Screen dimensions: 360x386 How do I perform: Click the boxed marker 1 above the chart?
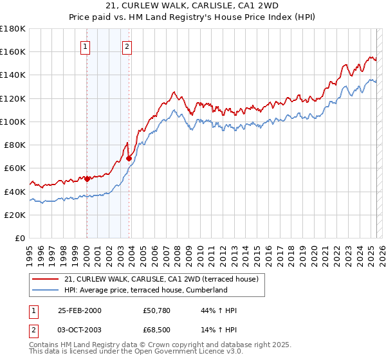tap(86, 46)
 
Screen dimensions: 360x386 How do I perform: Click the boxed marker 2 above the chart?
tap(127, 46)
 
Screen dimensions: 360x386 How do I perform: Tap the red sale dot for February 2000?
tap(87, 179)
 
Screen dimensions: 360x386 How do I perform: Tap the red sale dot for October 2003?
tap(129, 158)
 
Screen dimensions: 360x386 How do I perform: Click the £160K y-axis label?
tap(13, 51)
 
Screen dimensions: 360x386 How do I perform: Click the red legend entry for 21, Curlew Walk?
tap(161, 279)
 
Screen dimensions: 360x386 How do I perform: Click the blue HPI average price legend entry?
tap(145, 290)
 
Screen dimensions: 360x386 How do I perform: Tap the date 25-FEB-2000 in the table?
tap(80, 310)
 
